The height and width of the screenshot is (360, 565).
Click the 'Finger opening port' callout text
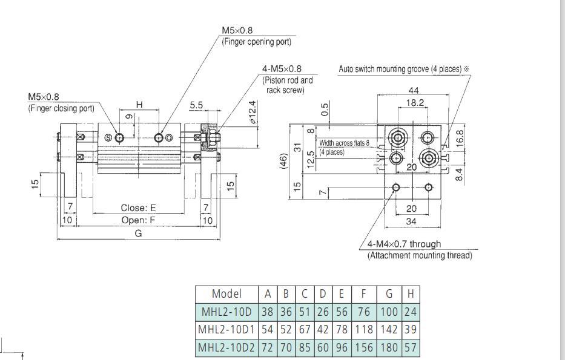[x=256, y=42]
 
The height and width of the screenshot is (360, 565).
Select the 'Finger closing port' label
[x=61, y=108]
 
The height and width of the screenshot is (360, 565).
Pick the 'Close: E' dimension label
[x=138, y=208]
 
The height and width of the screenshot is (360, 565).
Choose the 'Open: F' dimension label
[x=138, y=220]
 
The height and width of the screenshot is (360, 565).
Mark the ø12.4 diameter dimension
[x=253, y=113]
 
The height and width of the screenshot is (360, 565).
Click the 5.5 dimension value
[x=196, y=105]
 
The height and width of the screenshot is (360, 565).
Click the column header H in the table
[x=411, y=294]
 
